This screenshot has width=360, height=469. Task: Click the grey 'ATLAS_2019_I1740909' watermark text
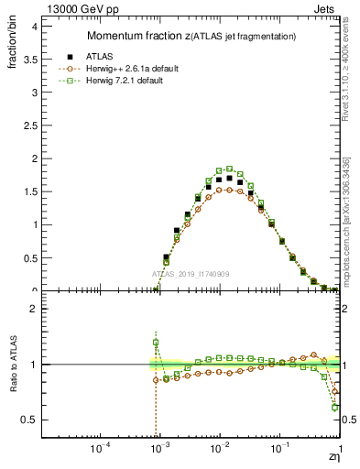[x=191, y=275]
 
